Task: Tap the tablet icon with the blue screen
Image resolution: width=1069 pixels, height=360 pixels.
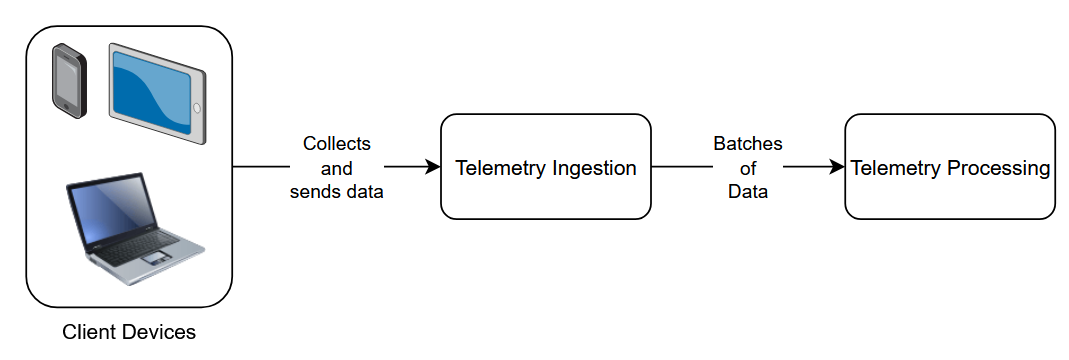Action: point(156,92)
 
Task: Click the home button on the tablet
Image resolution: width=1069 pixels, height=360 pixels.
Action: point(197,107)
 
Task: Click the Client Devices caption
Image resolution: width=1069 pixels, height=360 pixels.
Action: point(129,331)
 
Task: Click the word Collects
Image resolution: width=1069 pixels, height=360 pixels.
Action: point(337,144)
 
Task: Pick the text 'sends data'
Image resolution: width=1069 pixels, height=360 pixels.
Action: point(337,192)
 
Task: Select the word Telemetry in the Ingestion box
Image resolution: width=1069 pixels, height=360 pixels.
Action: point(498,168)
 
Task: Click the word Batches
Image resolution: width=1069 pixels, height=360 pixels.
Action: point(748,144)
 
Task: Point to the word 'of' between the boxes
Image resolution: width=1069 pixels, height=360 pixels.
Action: point(748,168)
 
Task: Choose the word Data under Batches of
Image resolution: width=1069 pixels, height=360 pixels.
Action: point(748,192)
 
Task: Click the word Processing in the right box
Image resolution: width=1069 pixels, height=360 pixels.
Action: point(997,168)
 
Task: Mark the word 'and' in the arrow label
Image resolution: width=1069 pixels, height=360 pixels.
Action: point(337,168)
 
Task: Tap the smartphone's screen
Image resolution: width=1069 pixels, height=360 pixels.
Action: point(67,79)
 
